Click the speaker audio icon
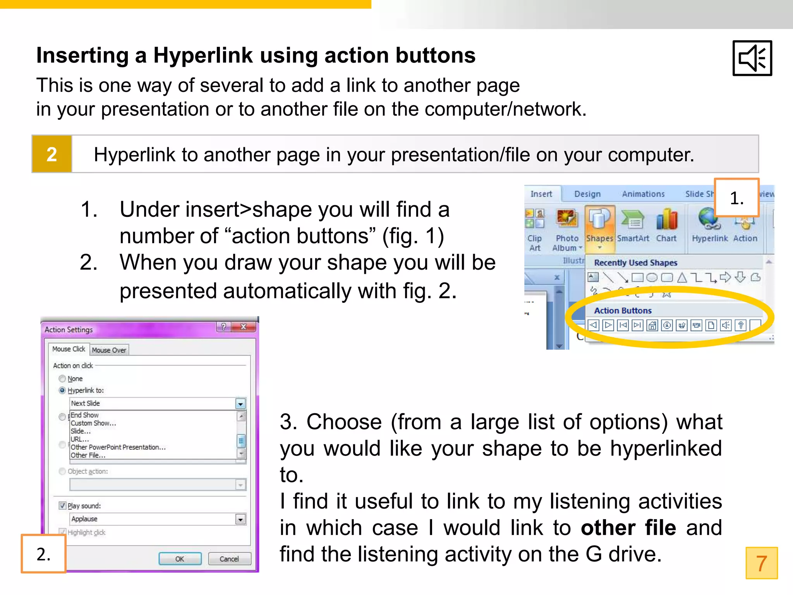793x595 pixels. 752,58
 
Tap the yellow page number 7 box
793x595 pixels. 761,563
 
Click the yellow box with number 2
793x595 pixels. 52,154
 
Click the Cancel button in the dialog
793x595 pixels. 229,559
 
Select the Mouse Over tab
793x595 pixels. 109,350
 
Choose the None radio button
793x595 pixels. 62,378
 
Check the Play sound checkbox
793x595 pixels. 62,506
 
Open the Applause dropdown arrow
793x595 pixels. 240,519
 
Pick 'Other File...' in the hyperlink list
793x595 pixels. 88,455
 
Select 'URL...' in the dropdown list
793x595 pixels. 80,439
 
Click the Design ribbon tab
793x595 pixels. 587,194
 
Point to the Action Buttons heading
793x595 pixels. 623,310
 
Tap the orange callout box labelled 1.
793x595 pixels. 736,198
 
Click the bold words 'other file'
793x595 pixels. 628,528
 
